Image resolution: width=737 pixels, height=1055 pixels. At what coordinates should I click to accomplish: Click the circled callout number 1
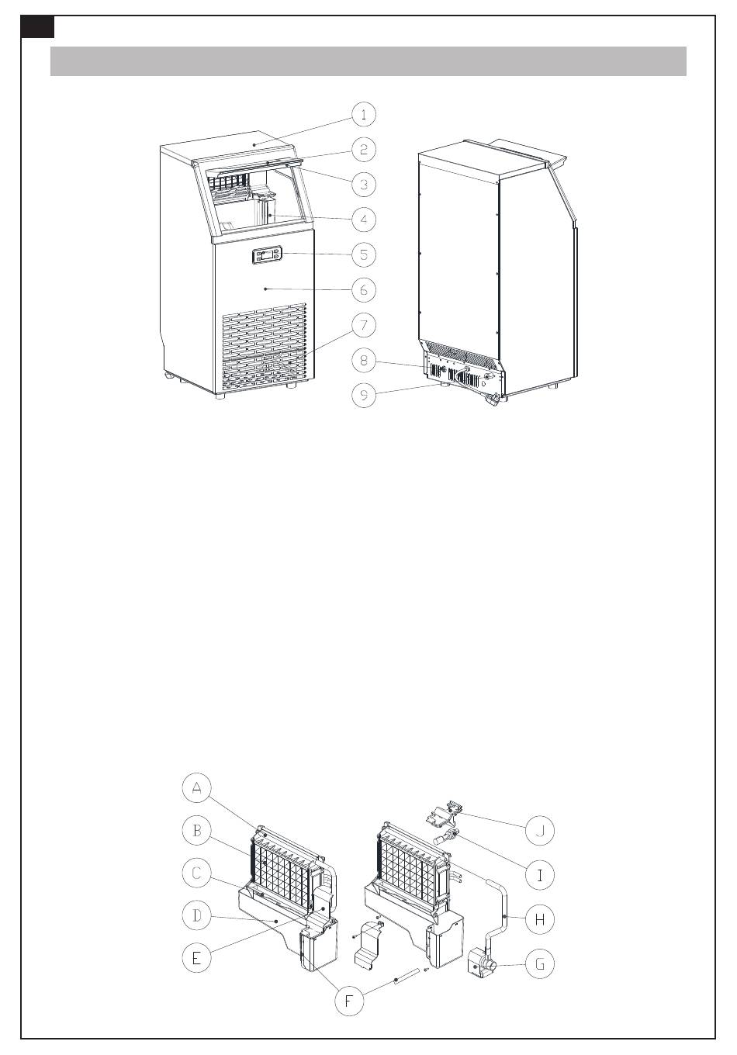point(364,115)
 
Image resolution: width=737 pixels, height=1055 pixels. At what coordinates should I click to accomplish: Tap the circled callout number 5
point(364,254)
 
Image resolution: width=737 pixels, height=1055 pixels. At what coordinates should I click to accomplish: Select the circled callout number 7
point(364,325)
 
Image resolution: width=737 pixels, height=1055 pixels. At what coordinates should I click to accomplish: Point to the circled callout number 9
point(364,395)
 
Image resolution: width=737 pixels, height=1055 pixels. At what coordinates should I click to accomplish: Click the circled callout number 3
point(364,184)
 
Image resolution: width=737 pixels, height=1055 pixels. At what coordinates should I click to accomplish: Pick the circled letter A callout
point(197,788)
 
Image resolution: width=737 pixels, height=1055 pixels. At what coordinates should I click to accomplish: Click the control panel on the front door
point(267,254)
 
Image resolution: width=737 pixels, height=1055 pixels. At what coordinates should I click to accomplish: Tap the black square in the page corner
point(37,27)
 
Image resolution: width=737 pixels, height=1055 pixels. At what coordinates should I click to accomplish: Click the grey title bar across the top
point(368,61)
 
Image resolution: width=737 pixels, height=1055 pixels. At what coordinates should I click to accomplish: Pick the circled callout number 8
point(364,360)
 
